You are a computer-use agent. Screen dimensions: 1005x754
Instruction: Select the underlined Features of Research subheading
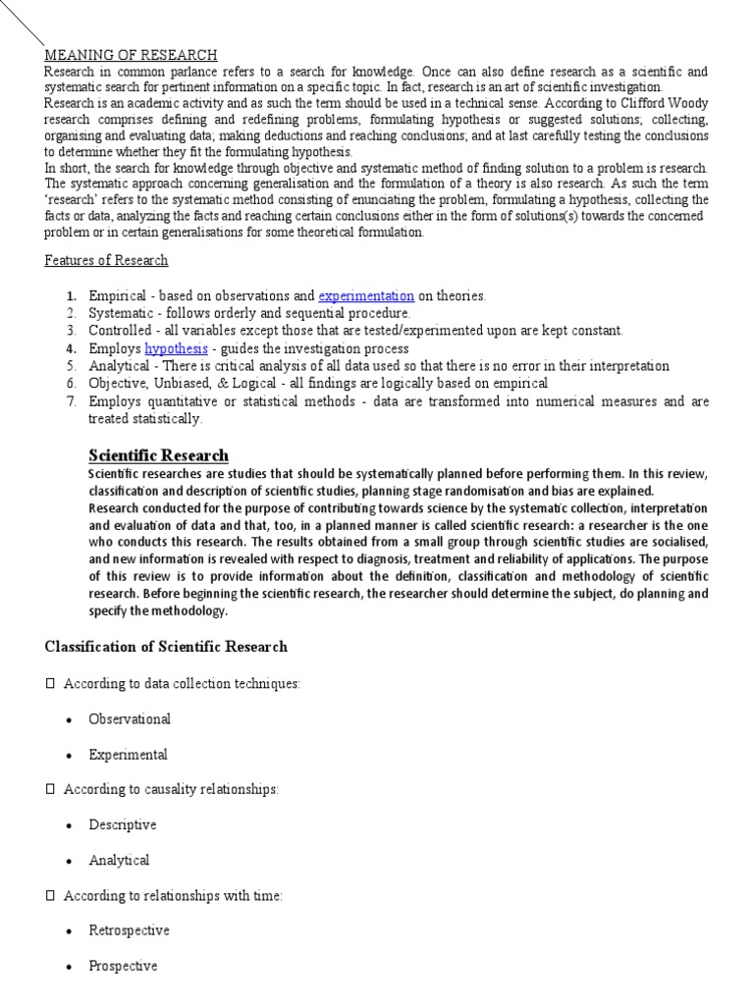pos(106,260)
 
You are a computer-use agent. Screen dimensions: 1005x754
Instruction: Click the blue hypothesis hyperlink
pos(176,348)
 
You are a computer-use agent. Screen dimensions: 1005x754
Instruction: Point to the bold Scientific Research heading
pos(158,454)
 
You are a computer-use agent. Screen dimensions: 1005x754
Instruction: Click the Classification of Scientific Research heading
pos(166,646)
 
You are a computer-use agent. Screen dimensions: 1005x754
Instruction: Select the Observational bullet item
pos(129,718)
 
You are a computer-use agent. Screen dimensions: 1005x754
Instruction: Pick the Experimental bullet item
pos(128,755)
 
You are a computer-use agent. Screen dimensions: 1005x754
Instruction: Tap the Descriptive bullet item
pos(122,824)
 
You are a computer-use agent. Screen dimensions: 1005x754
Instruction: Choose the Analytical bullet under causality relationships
pos(119,860)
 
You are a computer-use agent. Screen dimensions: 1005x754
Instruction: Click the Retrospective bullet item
pos(129,929)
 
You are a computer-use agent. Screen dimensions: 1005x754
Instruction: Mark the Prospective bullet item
pos(123,966)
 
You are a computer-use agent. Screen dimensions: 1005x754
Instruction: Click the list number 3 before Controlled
pos(71,331)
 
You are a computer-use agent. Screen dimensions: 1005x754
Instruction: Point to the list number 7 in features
pos(71,401)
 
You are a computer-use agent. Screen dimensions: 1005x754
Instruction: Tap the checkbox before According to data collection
pos(50,683)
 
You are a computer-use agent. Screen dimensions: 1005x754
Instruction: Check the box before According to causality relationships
pos(50,789)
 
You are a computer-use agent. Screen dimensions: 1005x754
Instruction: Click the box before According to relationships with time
pos(50,895)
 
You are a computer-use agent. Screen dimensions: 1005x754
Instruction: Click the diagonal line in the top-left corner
pos(22,24)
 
